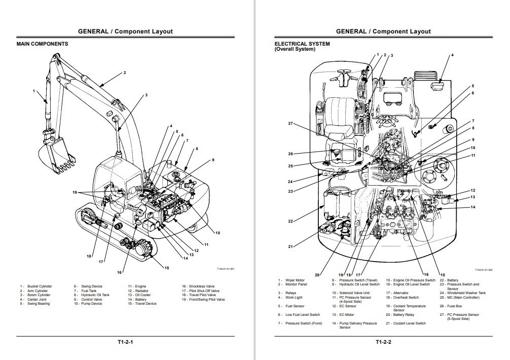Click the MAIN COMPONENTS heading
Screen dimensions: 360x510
(x=42, y=44)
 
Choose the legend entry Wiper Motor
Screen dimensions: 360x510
(x=295, y=280)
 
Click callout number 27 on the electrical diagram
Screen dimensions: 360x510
(x=290, y=124)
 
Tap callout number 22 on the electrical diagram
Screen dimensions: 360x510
(x=290, y=221)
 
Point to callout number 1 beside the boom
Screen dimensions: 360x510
(x=34, y=91)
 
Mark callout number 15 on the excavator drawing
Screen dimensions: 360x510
(x=166, y=268)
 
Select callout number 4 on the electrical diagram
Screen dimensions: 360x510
(x=452, y=55)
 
